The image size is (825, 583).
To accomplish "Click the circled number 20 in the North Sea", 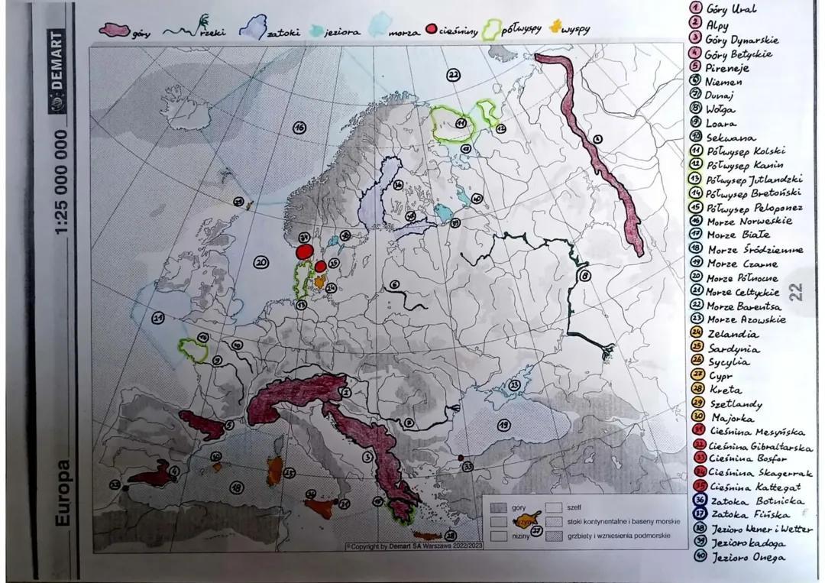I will click(x=261, y=262).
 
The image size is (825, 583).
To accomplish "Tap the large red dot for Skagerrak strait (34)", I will click(x=305, y=251).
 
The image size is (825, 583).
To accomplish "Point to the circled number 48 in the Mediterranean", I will click(x=238, y=487).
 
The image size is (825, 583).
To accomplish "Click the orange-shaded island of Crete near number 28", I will click(x=427, y=536).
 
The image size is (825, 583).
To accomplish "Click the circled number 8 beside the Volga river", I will click(x=586, y=276).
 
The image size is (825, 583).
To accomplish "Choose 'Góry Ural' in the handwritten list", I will click(x=731, y=9).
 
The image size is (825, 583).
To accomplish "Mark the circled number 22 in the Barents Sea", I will click(x=454, y=75).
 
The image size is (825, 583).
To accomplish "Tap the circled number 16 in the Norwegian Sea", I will click(x=300, y=128).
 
